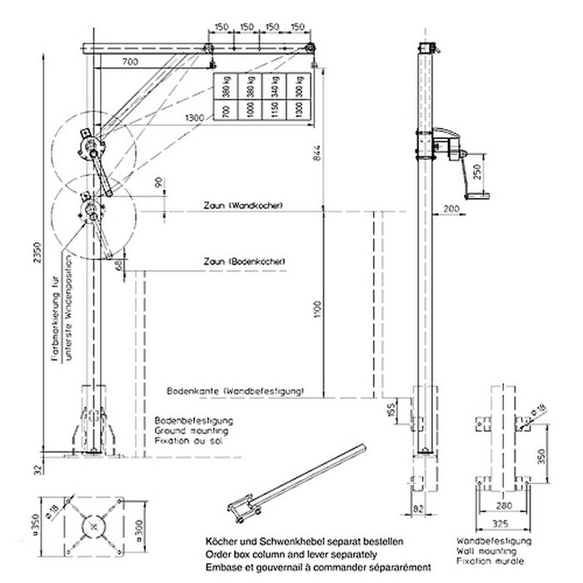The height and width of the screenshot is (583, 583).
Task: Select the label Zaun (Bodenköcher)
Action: coord(246,262)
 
